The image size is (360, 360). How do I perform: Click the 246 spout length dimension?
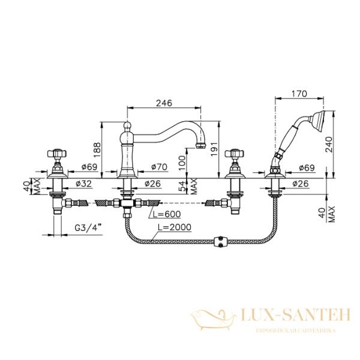point(164,103)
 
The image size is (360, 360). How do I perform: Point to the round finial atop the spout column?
point(127,125)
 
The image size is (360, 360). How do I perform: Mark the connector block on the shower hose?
point(221,244)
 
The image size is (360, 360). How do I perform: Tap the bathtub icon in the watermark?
point(213,317)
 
